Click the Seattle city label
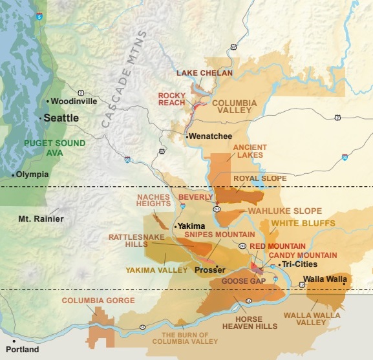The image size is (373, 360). [61, 118]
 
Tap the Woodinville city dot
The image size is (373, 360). [48, 101]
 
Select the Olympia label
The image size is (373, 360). [32, 175]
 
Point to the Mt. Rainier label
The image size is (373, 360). [41, 219]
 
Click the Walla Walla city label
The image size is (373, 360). [320, 279]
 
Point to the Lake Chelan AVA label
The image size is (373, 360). [204, 73]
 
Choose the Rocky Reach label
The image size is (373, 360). [172, 99]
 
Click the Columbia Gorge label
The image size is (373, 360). [98, 301]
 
